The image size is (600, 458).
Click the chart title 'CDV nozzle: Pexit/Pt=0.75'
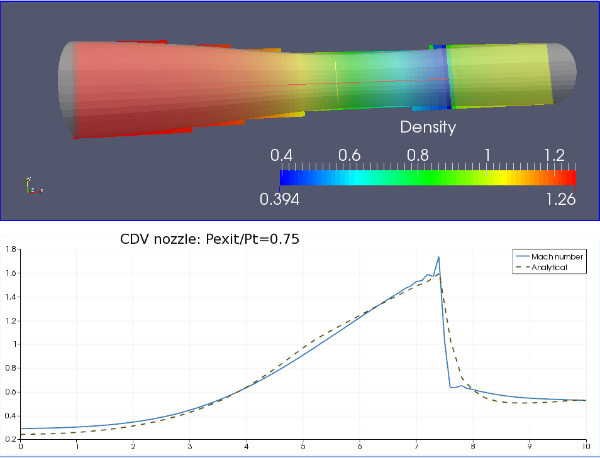[x=209, y=239]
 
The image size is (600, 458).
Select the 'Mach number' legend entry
[x=557, y=256]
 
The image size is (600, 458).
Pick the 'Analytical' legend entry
[x=549, y=267]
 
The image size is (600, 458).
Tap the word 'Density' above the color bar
[x=428, y=127]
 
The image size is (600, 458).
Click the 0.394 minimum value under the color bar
[x=279, y=199]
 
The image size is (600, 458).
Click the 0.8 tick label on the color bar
[x=418, y=155]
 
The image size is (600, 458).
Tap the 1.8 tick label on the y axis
[x=10, y=249]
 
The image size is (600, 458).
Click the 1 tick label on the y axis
[x=13, y=344]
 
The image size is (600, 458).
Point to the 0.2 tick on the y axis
[x=10, y=439]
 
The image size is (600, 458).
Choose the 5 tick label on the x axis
[x=303, y=447]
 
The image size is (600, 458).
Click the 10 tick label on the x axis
[x=586, y=447]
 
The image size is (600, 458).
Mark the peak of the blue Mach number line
[x=438, y=257]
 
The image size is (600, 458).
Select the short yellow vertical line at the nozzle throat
[x=336, y=82]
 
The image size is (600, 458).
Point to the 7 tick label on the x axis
[x=416, y=447]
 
